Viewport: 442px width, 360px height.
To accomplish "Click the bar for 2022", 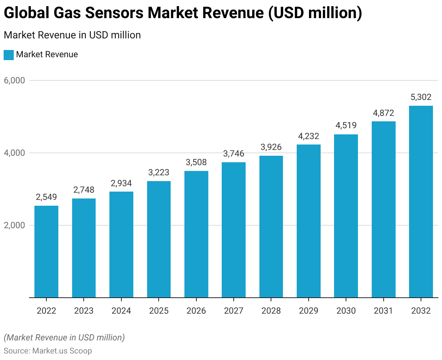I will click(46, 252).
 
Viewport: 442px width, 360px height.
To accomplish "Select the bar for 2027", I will click(234, 230).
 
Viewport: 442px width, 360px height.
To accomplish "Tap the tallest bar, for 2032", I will click(421, 202).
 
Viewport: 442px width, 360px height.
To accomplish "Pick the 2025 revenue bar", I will click(159, 239).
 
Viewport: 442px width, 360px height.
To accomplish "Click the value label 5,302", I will click(421, 97).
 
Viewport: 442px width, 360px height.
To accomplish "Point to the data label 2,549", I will click(46, 197).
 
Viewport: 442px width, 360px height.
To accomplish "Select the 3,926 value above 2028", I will click(271, 147).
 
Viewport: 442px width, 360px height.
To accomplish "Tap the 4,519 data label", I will click(346, 125).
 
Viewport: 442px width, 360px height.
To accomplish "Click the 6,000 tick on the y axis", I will click(15, 80).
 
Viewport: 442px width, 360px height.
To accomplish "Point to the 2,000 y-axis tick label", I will click(15, 225).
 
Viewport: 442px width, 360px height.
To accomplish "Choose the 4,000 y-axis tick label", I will click(15, 153).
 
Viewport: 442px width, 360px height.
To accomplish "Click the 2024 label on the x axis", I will click(121, 311).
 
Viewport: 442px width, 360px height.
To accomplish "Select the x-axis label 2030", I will click(346, 311).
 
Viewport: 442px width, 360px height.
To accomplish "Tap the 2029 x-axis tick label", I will click(309, 311).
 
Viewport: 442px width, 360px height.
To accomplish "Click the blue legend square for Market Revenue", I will click(9, 55).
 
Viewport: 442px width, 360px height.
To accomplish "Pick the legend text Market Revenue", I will click(47, 55).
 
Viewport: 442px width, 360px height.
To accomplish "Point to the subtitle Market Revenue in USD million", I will click(72, 35).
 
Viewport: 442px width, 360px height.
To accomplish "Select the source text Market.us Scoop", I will click(62, 351).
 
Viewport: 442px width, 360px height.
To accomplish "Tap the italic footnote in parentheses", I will click(64, 338).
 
